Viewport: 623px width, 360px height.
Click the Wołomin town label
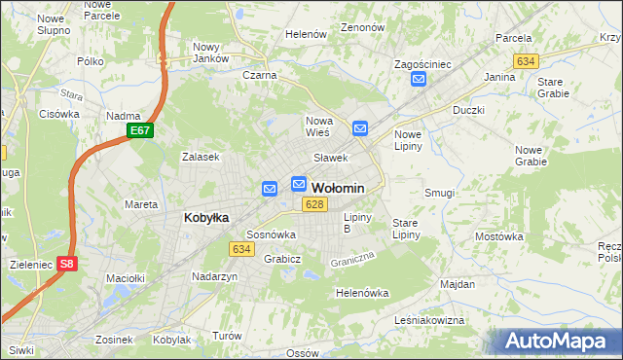tap(338, 188)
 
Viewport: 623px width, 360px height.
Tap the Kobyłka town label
tap(206, 218)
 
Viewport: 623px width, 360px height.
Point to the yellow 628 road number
tap(312, 204)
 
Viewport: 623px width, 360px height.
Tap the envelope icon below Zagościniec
tap(418, 81)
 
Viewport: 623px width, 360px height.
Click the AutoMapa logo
tap(556, 342)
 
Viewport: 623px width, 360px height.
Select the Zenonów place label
tap(364, 28)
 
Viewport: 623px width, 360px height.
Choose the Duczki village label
tap(468, 110)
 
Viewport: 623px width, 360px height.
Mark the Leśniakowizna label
tap(429, 319)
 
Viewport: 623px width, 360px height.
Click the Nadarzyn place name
tap(215, 276)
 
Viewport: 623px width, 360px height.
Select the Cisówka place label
tap(59, 114)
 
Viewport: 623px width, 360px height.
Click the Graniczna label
tap(352, 260)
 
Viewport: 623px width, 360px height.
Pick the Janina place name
tap(499, 76)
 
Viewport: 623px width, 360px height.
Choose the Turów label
tap(227, 335)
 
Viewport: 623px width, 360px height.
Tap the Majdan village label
tap(458, 284)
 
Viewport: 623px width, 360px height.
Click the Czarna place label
tap(260, 75)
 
